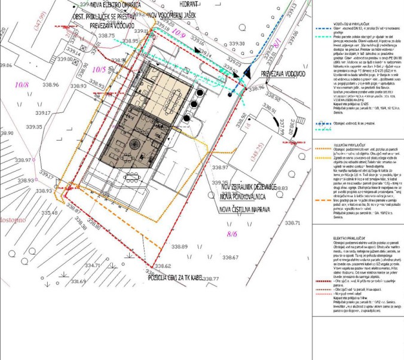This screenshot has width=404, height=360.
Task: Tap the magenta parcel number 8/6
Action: [x=231, y=234]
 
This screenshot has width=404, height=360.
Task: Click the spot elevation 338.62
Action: [x=163, y=266]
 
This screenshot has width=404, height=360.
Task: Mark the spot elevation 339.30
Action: [x=237, y=44]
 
